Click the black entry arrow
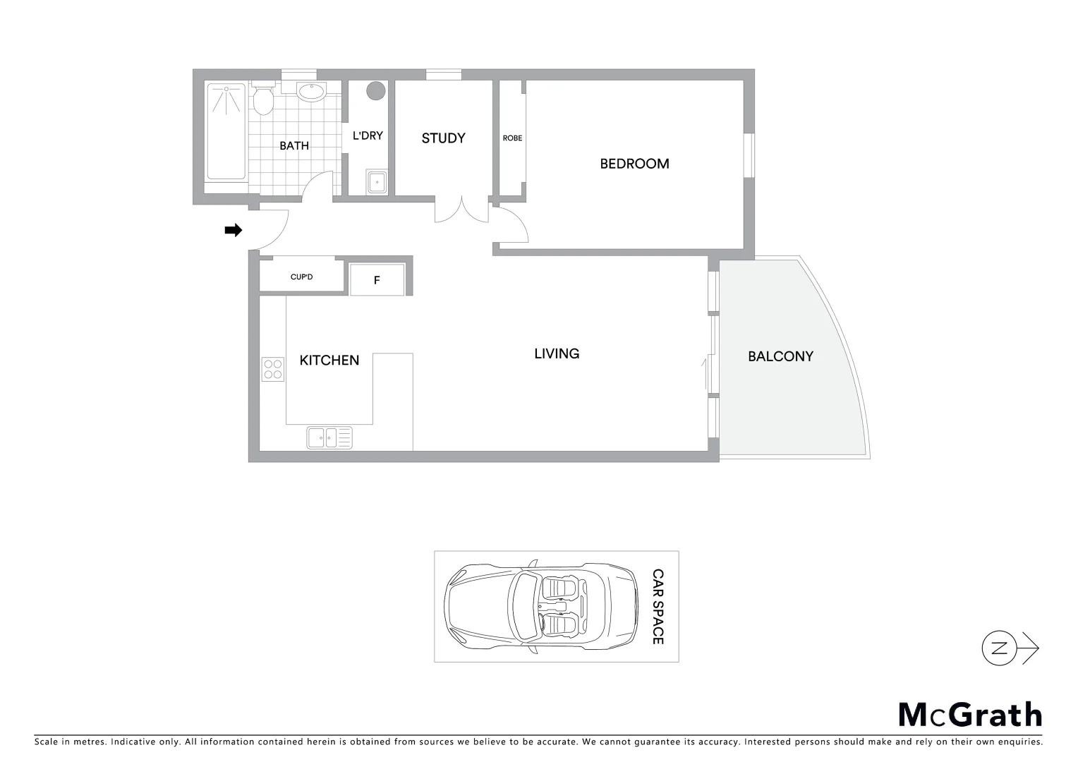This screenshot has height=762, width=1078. [233, 230]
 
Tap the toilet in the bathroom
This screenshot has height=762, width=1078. [263, 102]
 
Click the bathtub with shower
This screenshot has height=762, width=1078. [226, 132]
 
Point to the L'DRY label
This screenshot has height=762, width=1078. [368, 135]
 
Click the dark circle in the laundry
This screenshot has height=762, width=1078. [376, 90]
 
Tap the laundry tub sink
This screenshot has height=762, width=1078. [377, 182]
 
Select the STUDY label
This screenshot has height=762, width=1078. [443, 138]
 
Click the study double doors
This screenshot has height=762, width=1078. [461, 210]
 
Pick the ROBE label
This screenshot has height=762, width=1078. [512, 138]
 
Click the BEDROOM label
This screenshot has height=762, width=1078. [634, 164]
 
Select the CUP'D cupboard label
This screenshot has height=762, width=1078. [301, 277]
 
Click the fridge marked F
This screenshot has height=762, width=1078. [377, 280]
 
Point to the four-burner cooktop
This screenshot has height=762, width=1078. [272, 369]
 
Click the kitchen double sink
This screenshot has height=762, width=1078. [329, 437]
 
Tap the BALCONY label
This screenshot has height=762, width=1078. [780, 356]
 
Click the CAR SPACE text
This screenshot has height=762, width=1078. [658, 607]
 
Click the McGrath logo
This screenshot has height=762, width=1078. [970, 715]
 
